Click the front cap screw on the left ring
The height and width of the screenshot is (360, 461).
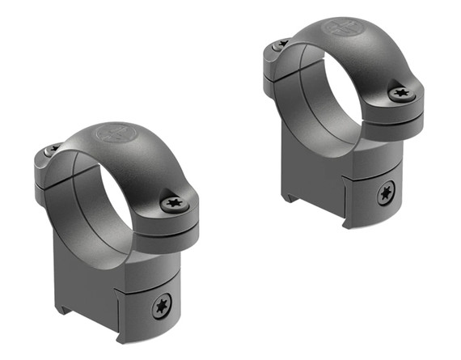[174, 204]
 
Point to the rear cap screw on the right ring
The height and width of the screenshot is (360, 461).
[281, 44]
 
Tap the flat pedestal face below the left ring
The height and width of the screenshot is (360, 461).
[89, 267]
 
